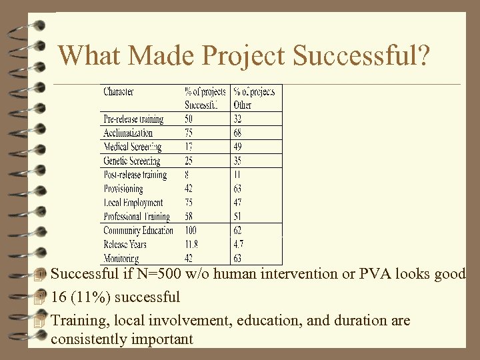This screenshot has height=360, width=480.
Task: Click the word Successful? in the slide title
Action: (x=360, y=56)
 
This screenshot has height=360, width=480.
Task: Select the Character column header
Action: (x=119, y=91)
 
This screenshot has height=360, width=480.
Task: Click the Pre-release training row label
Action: (x=133, y=119)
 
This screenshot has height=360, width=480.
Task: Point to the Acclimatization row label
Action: (x=128, y=133)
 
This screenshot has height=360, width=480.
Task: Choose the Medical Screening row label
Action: (x=132, y=147)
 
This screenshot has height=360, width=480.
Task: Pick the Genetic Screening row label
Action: (x=131, y=161)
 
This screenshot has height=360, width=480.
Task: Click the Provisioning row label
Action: (x=123, y=189)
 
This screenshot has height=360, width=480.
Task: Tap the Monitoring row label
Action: (x=121, y=258)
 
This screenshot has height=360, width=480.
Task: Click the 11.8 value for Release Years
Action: (x=191, y=245)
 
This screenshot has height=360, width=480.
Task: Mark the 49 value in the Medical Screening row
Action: (x=238, y=147)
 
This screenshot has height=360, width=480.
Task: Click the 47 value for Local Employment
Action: (x=238, y=203)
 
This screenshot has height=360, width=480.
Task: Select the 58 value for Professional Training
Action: (x=190, y=217)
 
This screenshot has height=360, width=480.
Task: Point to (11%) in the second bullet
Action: (x=91, y=297)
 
